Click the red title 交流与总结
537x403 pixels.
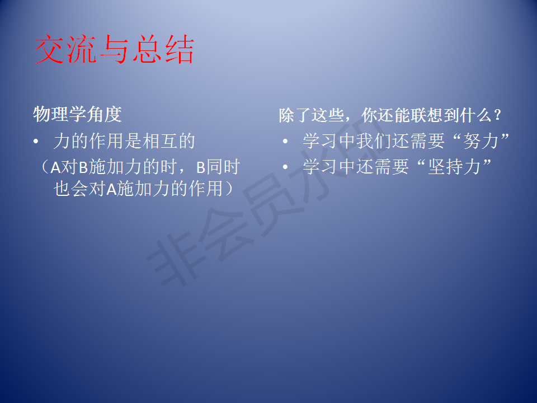coord(114,49)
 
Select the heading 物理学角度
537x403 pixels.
coord(77,114)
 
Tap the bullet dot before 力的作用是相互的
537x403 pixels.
coord(36,142)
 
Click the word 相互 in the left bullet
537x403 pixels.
coord(159,141)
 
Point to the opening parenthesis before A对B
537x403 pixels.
coord(44,167)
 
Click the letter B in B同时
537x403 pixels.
coord(201,167)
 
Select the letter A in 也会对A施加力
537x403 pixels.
coord(112,189)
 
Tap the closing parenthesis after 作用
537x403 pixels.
coord(229,189)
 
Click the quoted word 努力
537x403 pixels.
coord(481,141)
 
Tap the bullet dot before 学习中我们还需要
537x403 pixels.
coord(285,141)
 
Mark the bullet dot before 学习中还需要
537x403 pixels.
coord(285,167)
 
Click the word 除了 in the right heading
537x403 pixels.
coord(295,115)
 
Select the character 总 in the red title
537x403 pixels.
coord(147,49)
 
